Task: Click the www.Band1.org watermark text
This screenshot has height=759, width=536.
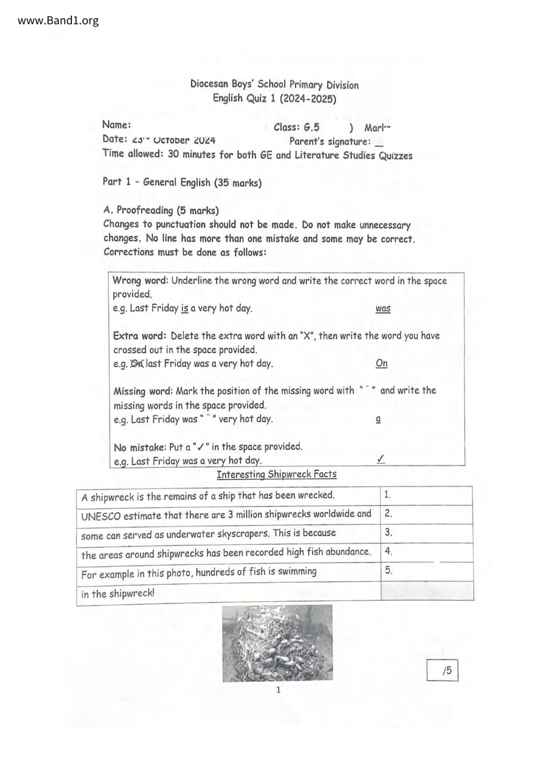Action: tap(58, 20)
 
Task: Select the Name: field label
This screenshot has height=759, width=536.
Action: tap(116, 125)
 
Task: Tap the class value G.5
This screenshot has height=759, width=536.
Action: tap(312, 127)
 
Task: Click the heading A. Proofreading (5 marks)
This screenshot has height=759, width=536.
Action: tap(161, 211)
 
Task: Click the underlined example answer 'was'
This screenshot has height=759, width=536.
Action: tap(383, 309)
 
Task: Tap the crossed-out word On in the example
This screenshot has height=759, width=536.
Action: tap(137, 364)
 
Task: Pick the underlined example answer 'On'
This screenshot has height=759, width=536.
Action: tap(382, 363)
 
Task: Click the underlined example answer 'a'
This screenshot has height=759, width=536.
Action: tap(379, 419)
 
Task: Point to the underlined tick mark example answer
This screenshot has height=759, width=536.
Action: tap(381, 459)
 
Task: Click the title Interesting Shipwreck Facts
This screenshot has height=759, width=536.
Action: tap(277, 474)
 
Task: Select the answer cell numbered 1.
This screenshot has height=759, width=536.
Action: tap(426, 495)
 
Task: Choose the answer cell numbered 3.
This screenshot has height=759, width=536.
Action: tap(426, 533)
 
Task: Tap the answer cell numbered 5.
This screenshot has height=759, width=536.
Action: tap(426, 571)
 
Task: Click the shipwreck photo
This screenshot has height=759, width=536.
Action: tap(278, 643)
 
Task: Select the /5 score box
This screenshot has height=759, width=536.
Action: tap(442, 671)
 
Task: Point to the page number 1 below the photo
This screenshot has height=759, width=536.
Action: tap(278, 690)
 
